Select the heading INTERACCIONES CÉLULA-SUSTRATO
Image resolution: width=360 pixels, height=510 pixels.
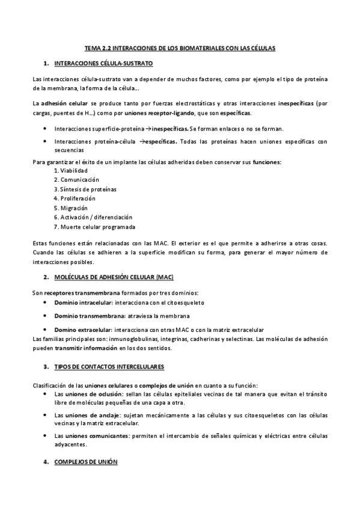103,63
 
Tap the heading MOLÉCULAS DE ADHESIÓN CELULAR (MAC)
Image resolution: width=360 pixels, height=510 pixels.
113,277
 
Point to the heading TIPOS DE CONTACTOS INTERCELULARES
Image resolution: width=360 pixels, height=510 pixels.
109,366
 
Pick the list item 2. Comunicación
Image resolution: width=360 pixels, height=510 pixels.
76,179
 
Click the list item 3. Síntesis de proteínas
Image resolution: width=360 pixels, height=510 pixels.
85,189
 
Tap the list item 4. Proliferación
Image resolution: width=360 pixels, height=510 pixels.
74,198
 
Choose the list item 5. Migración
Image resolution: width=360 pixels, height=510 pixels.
70,207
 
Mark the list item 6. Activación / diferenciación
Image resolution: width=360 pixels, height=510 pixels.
93,217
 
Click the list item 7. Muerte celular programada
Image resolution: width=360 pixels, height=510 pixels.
94,227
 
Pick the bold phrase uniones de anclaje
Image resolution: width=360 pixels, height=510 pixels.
89,415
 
